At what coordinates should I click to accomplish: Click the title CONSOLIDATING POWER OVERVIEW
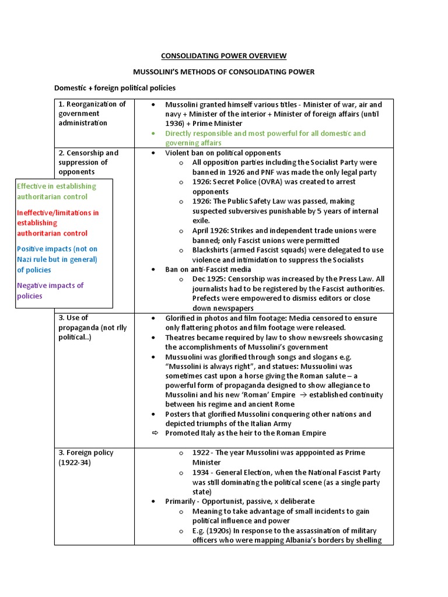coord(223,56)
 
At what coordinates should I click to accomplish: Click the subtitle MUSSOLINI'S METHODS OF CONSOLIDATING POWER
coord(223,72)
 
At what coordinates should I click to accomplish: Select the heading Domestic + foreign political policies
coord(114,88)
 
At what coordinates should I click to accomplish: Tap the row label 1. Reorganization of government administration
coord(92,114)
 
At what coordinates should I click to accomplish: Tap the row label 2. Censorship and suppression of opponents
coord(88,162)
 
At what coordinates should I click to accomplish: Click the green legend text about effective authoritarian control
coord(57,191)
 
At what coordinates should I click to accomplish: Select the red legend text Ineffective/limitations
coord(58,223)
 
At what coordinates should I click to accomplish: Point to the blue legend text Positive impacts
coord(57,259)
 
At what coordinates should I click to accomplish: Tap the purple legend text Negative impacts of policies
coord(50,290)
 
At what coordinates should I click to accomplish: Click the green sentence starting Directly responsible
coord(265,138)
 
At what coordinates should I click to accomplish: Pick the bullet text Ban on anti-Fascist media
coord(208,269)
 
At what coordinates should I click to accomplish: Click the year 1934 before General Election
coord(201,472)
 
